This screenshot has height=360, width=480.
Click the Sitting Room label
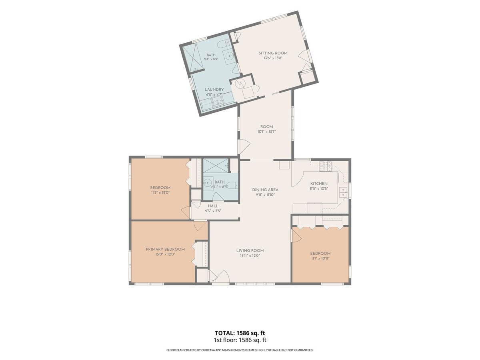[x=273, y=53]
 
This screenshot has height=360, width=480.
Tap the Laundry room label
[x=214, y=89]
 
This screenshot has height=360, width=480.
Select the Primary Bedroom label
[x=165, y=249]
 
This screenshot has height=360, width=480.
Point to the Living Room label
[x=250, y=250]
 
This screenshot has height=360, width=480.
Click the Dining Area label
[x=265, y=190]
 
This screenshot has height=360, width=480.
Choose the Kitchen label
[x=319, y=184]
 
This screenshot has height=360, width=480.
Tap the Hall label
[x=213, y=206]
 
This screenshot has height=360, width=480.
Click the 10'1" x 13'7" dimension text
[x=266, y=132]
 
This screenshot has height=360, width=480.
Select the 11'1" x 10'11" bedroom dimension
[x=320, y=258]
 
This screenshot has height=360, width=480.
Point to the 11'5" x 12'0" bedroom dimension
[x=160, y=192]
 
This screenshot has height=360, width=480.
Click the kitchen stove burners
[x=326, y=166]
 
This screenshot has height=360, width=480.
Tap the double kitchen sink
[x=343, y=192]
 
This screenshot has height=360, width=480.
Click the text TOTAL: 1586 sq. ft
[x=240, y=333]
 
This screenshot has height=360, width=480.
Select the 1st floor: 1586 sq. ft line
[x=240, y=340]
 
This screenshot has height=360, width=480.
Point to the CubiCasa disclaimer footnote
[x=240, y=350]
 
